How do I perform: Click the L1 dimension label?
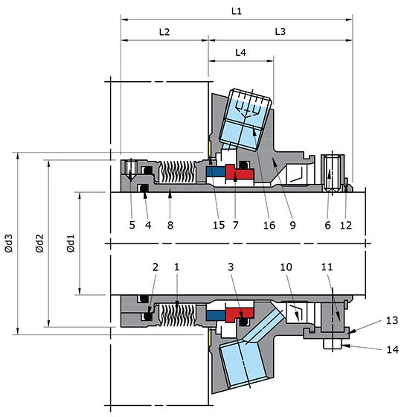click(x=237, y=13)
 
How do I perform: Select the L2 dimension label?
click(x=164, y=33)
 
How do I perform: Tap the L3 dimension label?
click(x=280, y=33)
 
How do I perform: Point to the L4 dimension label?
click(x=240, y=53)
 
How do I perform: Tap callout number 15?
click(x=218, y=223)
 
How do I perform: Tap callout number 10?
click(x=286, y=266)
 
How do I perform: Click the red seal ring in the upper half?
click(x=240, y=173)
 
